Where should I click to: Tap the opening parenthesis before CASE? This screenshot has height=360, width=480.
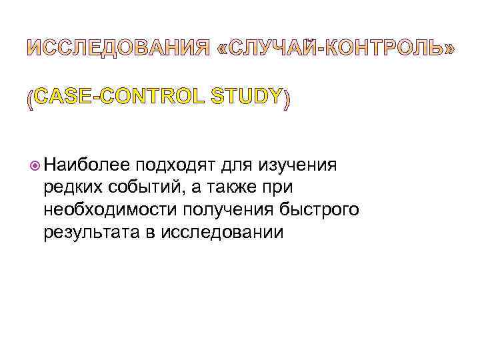29,99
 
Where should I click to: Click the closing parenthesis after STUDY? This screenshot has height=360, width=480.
287,99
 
